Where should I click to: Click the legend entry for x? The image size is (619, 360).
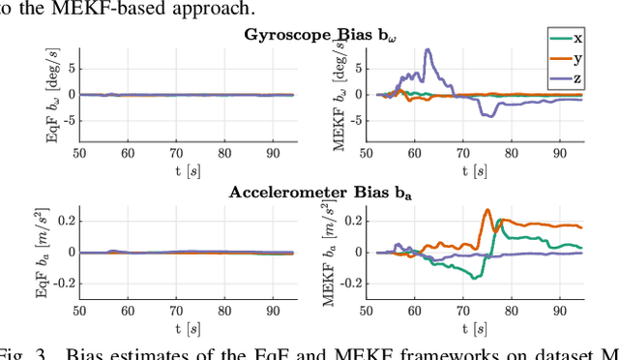(568, 39)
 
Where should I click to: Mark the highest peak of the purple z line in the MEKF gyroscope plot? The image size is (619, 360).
(427, 50)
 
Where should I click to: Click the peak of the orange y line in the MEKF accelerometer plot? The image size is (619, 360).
(487, 210)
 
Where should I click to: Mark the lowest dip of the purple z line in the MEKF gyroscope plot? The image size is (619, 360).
(490, 117)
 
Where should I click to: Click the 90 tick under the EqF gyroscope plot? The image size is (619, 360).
(275, 152)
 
